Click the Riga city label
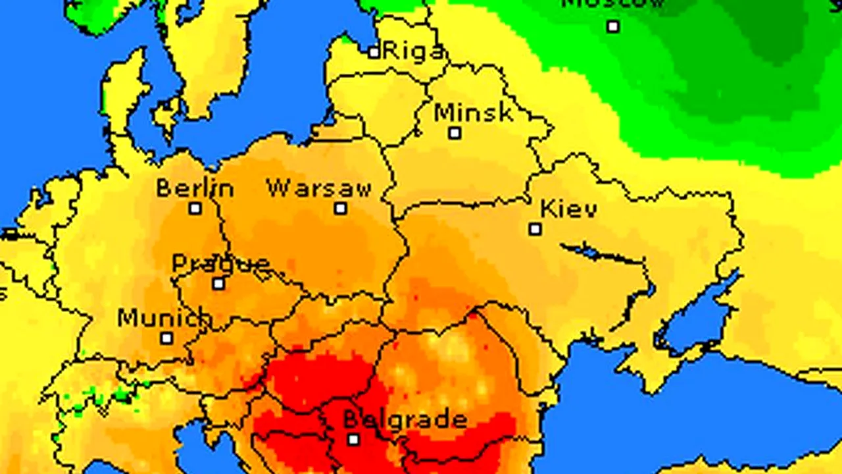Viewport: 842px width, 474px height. click(414, 51)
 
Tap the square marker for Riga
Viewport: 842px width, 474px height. click(374, 52)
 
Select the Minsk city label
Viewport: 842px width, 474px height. click(474, 113)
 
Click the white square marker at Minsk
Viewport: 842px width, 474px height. click(455, 133)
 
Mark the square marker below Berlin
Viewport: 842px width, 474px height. click(195, 209)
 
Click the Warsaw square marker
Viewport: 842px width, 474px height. click(340, 209)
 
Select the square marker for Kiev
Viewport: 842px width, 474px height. click(535, 229)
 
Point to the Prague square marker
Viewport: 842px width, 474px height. click(218, 284)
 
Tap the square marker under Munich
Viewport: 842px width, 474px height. click(167, 338)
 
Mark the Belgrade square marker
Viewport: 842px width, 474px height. click(353, 439)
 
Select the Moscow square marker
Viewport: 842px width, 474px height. click(613, 26)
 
